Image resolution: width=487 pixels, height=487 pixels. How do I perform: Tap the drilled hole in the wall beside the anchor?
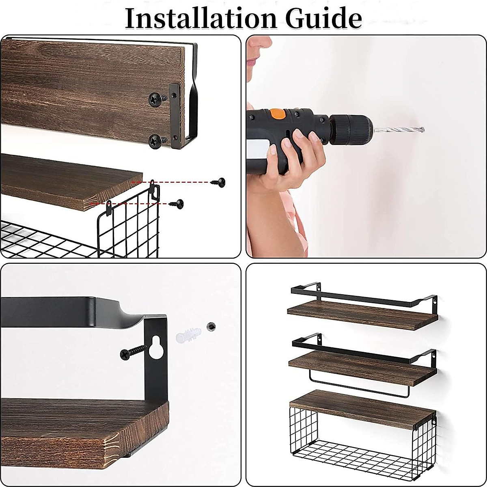(x=211, y=326)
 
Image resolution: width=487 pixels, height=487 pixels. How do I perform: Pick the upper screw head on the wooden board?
(x=156, y=98)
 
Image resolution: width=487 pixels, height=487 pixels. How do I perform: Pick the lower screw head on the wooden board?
(x=156, y=140)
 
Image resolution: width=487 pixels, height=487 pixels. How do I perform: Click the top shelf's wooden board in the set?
(x=361, y=312)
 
